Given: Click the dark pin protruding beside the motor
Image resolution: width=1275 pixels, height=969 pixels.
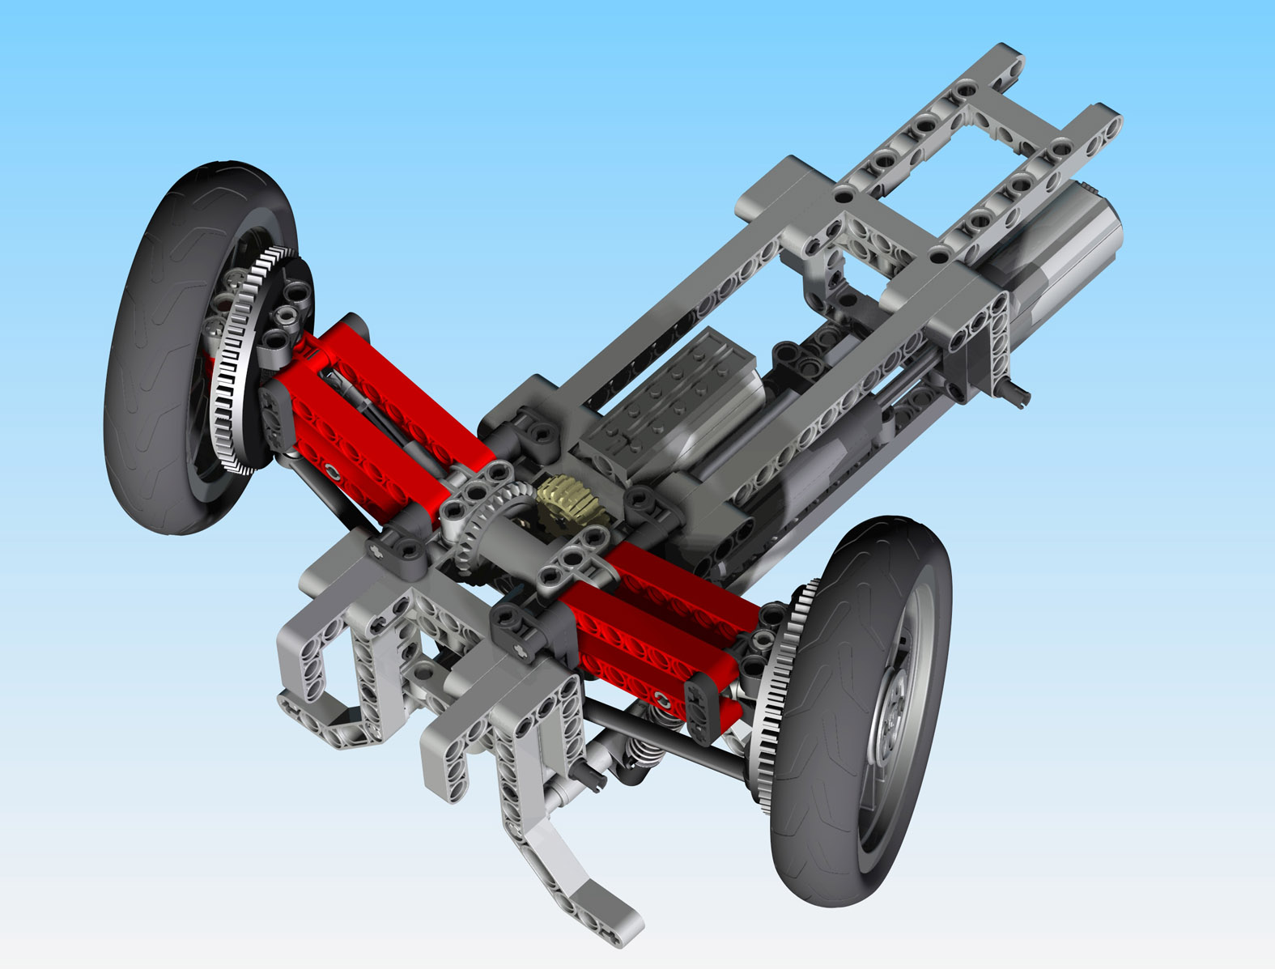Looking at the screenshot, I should [1016, 394].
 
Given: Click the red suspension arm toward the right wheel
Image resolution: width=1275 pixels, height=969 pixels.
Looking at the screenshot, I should [648, 623].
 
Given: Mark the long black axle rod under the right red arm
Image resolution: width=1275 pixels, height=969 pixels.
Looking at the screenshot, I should [672, 737].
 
